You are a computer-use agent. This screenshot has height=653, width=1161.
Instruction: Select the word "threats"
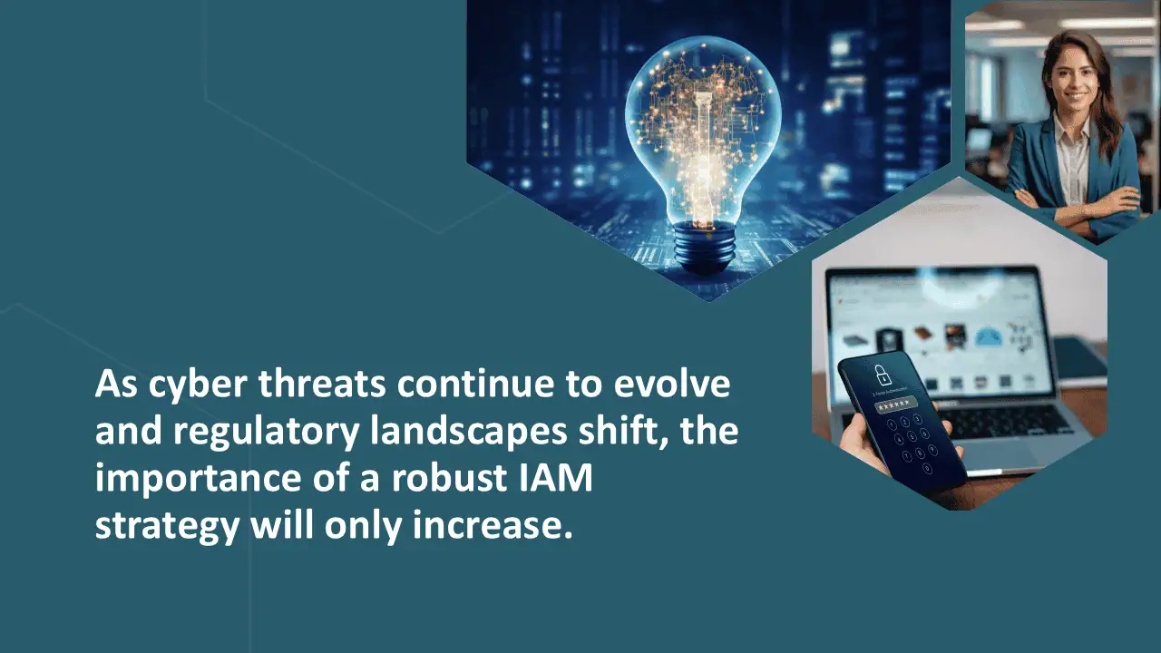pos(322,384)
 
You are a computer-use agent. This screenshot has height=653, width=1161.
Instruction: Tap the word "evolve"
pos(672,384)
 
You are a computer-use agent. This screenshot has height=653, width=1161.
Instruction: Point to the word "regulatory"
pos(266,434)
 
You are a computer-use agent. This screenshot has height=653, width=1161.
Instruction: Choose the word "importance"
pos(198,480)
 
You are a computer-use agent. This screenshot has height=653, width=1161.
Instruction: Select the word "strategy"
pos(167,528)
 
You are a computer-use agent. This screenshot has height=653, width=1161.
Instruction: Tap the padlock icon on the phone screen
pos(880,375)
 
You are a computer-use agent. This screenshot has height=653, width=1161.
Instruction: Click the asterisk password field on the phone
pos(896,404)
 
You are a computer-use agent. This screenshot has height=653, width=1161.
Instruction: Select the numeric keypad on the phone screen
pos(912,443)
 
